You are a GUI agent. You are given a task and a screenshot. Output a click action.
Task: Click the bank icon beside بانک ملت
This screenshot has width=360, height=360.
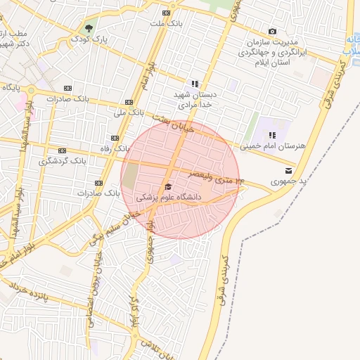[x=166, y=13]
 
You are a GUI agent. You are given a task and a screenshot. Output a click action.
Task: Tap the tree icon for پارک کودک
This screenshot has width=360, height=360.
[x=89, y=30]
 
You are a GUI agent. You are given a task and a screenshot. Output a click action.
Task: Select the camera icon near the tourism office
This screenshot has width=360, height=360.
[x=273, y=32]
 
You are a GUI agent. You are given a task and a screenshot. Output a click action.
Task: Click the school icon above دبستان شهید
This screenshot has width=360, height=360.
[x=195, y=84]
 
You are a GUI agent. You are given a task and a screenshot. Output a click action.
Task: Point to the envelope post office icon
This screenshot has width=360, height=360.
[x=289, y=171]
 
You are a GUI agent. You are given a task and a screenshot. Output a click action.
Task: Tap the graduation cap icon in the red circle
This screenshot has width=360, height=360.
[x=168, y=187]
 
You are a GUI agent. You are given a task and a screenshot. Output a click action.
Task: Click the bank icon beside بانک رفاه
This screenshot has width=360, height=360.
[x=114, y=139]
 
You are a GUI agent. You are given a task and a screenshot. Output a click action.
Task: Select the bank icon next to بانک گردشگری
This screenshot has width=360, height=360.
[x=63, y=150]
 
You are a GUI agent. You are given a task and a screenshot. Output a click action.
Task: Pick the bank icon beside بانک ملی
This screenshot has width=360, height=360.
[x=128, y=101]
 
